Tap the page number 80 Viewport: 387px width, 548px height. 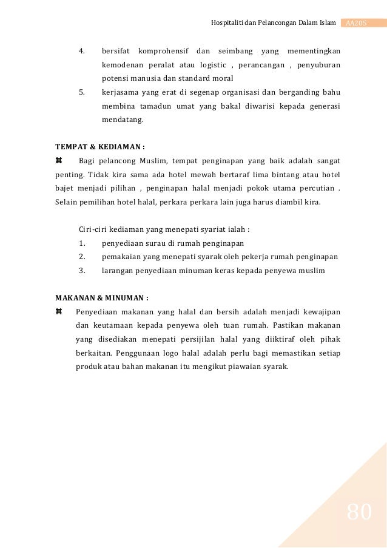point(359,513)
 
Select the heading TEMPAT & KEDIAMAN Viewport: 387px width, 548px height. point(100,146)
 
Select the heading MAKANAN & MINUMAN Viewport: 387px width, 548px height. point(102,298)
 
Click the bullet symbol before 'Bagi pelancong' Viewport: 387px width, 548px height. point(59,161)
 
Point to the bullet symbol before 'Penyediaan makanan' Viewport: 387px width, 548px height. point(59,312)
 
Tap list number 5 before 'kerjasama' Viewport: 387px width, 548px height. point(82,92)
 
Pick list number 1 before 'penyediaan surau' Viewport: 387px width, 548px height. point(82,243)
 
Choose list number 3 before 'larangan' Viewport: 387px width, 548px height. point(82,271)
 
